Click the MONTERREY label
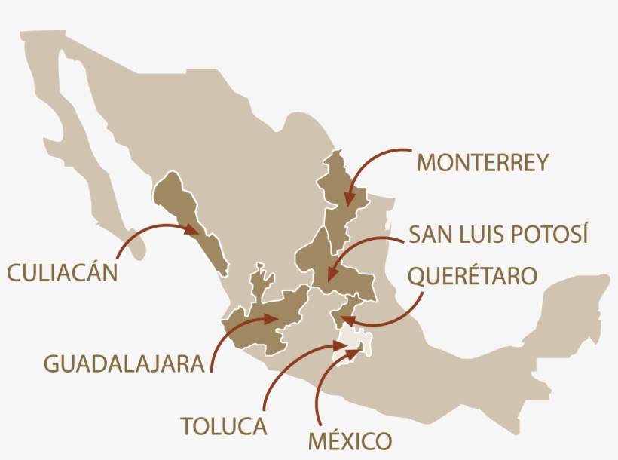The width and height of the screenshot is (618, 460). coord(483,162)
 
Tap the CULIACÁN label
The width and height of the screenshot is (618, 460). coord(63,271)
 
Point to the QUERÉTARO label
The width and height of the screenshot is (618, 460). coord(473,275)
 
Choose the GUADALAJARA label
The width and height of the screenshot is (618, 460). coord(124,364)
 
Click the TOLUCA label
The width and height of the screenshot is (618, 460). coord(224,426)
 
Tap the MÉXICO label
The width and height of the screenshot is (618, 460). coord(350,440)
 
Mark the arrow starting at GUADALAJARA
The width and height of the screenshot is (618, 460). coord(226,336)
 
